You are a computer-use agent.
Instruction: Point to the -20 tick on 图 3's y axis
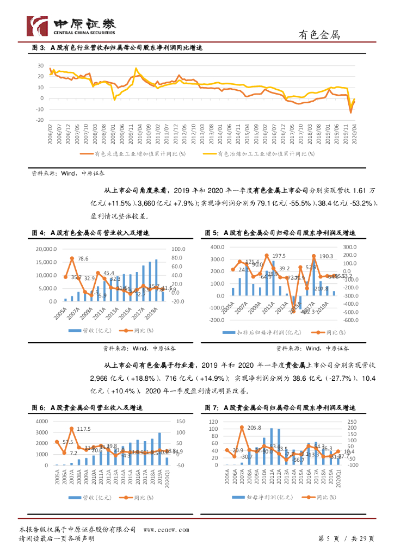pos(40,120)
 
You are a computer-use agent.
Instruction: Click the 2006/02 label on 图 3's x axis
pos(50,132)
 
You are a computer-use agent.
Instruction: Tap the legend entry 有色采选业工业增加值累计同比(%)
pos(139,154)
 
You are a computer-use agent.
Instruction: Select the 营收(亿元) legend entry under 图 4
pos(92,330)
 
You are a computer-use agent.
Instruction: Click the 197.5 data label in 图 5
pos(279,256)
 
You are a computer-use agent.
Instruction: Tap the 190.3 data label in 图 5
pos(326,256)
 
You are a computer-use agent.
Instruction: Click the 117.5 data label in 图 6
pos(83,429)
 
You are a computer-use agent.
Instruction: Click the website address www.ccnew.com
pos(166,529)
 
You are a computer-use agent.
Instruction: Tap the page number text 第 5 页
pos(328,539)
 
